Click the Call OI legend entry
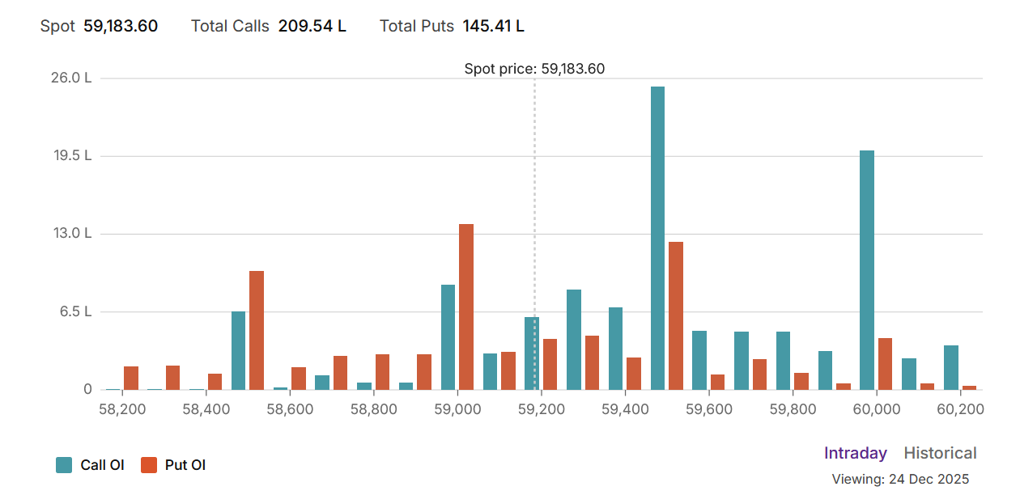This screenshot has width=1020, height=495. point(90,465)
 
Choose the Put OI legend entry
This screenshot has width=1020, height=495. point(173,465)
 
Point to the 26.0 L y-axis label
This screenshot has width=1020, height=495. point(72,78)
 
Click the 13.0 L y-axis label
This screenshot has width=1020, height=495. point(72,234)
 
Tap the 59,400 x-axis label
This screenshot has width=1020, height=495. point(625,409)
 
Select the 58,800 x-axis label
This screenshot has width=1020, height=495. point(374,409)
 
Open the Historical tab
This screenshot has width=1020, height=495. point(940,454)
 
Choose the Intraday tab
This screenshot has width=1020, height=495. point(855,454)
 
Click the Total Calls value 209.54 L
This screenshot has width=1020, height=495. point(312,26)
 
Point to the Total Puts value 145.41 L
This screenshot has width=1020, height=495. point(493,26)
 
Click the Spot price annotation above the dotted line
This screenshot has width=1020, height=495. point(534,69)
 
